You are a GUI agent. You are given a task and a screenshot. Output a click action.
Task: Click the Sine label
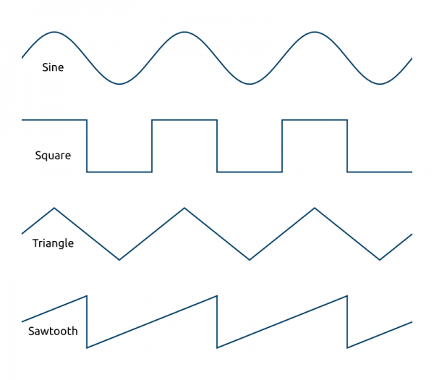pos(53,67)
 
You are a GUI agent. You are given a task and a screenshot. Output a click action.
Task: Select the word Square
pos(53,156)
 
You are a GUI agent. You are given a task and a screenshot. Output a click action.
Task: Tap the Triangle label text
pos(53,243)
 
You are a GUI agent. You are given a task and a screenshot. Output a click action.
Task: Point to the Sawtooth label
pos(53,332)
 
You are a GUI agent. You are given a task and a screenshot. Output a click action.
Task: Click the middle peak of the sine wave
pos(184,32)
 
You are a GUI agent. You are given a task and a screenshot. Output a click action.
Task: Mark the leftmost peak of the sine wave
pos(54,32)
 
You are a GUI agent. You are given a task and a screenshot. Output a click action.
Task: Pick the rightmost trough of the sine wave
pos(380,84)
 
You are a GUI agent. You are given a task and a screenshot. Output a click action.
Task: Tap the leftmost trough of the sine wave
pos(119,84)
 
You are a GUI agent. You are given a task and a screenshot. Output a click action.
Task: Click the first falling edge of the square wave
pos(87,145)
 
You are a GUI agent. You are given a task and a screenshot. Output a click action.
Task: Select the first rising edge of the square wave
pos(152,145)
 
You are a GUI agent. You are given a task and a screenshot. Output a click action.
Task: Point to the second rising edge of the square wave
pos(282,145)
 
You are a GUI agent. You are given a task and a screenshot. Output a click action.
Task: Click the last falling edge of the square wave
pos(347,145)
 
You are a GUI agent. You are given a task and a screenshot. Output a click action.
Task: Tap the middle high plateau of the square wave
pos(184,119)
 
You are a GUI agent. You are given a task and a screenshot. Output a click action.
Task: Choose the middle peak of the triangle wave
pos(184,208)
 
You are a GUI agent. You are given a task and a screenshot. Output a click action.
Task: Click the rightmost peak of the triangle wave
pos(315,208)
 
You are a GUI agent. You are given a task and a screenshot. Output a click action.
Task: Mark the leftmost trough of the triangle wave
pos(119,259)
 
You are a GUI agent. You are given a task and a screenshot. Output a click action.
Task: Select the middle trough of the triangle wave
pos(250,259)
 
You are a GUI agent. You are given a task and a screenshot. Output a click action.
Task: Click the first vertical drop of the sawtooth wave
pos(87,322)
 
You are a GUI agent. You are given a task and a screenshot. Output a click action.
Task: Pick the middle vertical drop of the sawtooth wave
pos(217,322)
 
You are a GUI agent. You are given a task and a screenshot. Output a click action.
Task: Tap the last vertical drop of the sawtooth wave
pos(347,322)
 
